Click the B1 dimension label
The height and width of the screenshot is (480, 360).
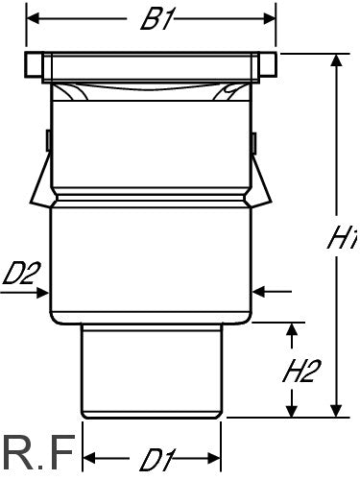(157, 20)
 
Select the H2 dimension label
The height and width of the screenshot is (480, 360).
(301, 371)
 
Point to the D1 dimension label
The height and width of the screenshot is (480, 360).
(157, 460)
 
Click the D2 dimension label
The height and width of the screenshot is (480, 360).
(21, 274)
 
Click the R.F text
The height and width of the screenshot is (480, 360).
(39, 452)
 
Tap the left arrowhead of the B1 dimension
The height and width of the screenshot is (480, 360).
(33, 18)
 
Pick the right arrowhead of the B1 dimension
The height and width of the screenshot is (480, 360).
(269, 18)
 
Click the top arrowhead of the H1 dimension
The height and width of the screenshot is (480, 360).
(336, 60)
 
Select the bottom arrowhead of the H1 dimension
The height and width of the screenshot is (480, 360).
(336, 411)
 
